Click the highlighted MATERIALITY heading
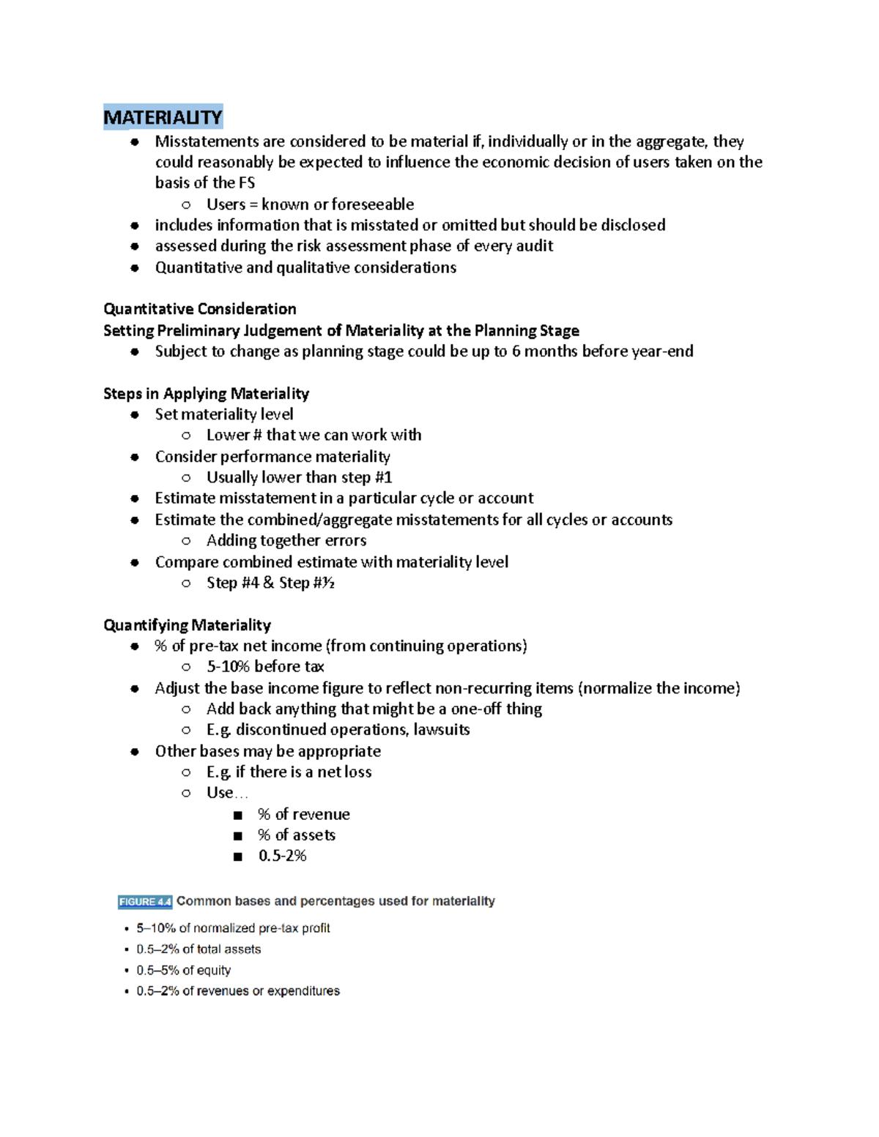(x=163, y=117)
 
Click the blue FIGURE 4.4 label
(x=144, y=901)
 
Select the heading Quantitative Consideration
(x=200, y=309)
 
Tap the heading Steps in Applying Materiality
(x=206, y=394)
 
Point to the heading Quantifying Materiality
(x=187, y=625)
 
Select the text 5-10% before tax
(x=265, y=667)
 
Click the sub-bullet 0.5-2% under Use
(x=282, y=856)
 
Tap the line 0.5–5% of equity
(x=183, y=970)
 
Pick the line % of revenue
(x=303, y=814)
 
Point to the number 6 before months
(x=516, y=351)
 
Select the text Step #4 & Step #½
(x=270, y=584)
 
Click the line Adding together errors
(x=286, y=541)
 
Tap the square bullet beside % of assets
(x=237, y=836)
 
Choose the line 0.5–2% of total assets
(x=199, y=950)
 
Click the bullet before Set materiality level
(x=135, y=415)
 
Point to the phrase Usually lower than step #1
(x=299, y=478)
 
